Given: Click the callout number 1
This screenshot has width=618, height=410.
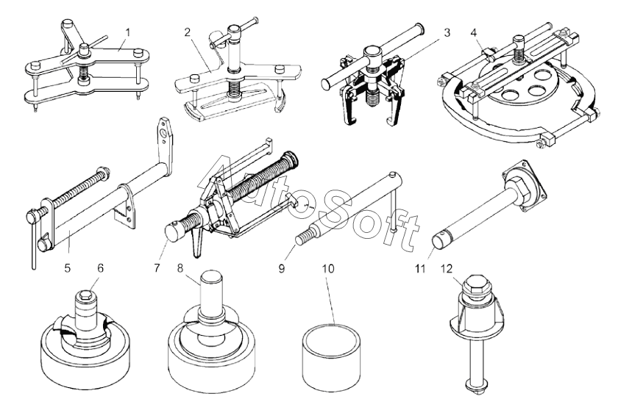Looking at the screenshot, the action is tap(127, 32).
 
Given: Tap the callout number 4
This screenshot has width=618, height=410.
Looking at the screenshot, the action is tap(473, 32).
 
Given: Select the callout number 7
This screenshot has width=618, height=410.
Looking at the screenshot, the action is tap(157, 268).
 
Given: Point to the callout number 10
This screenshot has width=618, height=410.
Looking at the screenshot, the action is tap(328, 268).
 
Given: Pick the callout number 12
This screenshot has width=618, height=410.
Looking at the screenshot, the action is tap(447, 268).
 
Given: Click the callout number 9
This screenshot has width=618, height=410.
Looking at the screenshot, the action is tap(281, 268).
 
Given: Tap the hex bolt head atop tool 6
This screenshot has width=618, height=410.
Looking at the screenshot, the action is tap(86, 295).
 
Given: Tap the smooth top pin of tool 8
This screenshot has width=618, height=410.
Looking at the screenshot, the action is tap(211, 289).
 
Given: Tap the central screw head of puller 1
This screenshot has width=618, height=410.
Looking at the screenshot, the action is tap(84, 49).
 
